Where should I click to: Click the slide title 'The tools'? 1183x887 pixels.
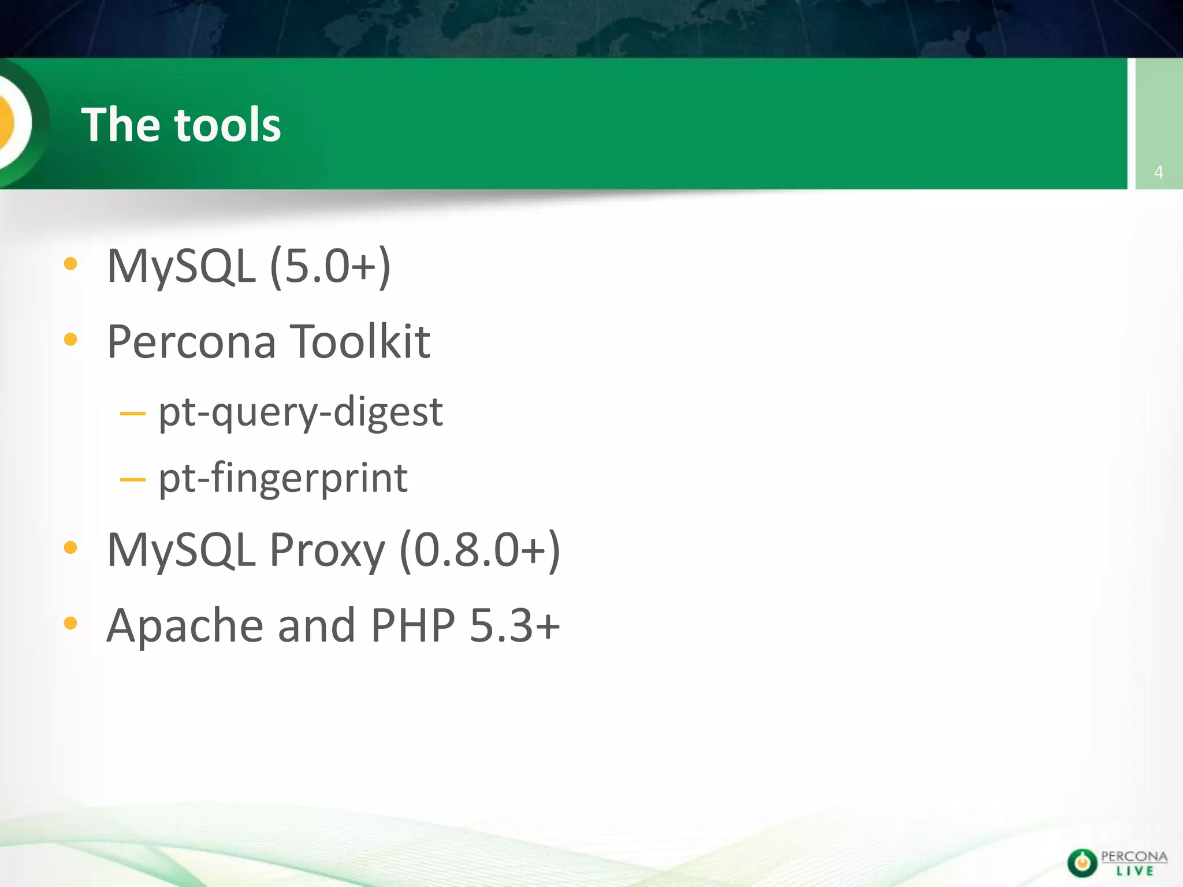click(181, 125)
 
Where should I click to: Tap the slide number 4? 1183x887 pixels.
click(1158, 172)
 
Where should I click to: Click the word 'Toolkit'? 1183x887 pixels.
click(359, 341)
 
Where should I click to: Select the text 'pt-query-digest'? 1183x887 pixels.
click(300, 412)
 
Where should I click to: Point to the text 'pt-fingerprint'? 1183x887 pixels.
click(283, 478)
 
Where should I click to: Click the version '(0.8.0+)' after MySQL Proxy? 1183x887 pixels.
click(479, 550)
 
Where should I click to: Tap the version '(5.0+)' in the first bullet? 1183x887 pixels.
click(330, 266)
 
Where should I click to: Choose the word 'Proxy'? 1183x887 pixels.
click(327, 550)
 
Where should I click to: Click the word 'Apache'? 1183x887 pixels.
click(185, 625)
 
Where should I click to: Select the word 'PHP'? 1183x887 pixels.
click(412, 625)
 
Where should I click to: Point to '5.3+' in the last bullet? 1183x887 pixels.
click(515, 625)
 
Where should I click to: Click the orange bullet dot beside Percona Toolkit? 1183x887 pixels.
click(70, 340)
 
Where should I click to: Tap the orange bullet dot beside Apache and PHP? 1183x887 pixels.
click(70, 623)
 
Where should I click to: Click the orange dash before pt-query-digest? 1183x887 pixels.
click(132, 413)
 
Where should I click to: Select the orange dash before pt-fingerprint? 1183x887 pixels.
click(132, 479)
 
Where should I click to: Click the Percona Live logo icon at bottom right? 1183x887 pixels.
click(1082, 863)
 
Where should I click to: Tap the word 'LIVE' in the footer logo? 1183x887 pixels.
click(1134, 871)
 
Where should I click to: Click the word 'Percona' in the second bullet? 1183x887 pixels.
click(191, 341)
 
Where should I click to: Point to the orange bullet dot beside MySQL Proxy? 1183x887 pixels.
click(70, 547)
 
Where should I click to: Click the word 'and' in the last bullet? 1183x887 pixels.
click(317, 625)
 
